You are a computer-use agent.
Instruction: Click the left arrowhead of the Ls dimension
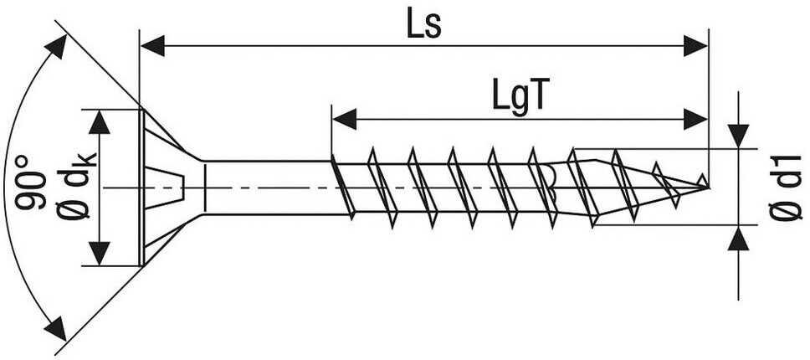click(151, 46)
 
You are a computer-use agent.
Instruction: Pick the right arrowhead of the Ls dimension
click(696, 46)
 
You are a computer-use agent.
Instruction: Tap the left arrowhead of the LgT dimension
click(344, 119)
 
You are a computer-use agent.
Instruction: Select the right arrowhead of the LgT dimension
click(696, 119)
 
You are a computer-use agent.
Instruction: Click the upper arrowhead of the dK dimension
click(100, 122)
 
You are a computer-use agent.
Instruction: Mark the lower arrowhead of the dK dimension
click(100, 253)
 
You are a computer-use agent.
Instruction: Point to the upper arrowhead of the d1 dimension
click(738, 134)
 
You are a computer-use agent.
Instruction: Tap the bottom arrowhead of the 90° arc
click(55, 328)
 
